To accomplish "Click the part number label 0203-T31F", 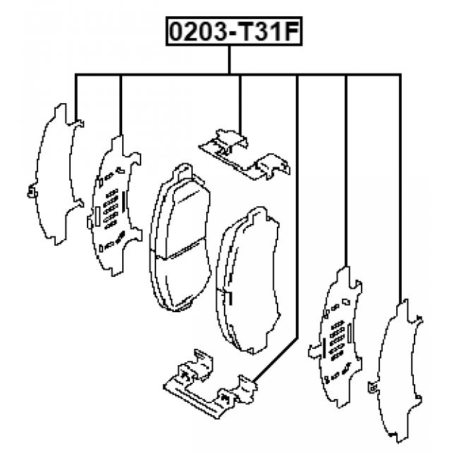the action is click(234, 31).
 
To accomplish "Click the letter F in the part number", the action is click(290, 31).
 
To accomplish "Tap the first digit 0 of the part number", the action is click(179, 31).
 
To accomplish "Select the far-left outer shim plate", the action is click(56, 174).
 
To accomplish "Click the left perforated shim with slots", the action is click(114, 206).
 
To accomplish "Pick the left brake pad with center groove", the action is click(180, 238).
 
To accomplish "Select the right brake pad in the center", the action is click(248, 280).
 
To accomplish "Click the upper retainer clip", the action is click(244, 155).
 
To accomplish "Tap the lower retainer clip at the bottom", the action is click(210, 383).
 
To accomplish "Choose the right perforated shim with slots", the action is click(335, 337).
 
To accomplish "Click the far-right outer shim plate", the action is click(395, 371).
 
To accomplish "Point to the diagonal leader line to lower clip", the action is click(276, 360).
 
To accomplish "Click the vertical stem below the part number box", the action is click(230, 59).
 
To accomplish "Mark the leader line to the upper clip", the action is click(240, 104).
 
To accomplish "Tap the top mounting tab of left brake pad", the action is click(183, 172).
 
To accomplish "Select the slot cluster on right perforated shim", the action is click(338, 340).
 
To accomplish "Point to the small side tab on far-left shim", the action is click(32, 192).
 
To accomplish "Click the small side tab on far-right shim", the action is click(373, 388).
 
